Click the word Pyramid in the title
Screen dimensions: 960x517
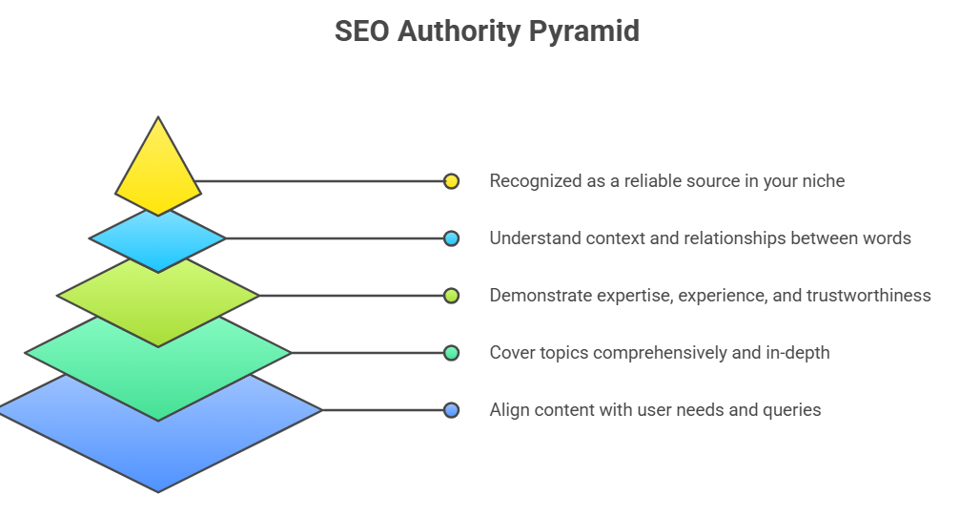point(584,31)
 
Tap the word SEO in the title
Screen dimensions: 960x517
point(362,31)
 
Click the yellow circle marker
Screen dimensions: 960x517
point(451,181)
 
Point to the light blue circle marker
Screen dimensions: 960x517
point(451,238)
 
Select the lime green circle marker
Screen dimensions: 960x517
point(451,296)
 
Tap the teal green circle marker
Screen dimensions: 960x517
point(451,353)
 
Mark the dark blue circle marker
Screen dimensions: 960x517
point(451,410)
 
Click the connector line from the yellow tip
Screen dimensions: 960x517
point(321,181)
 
